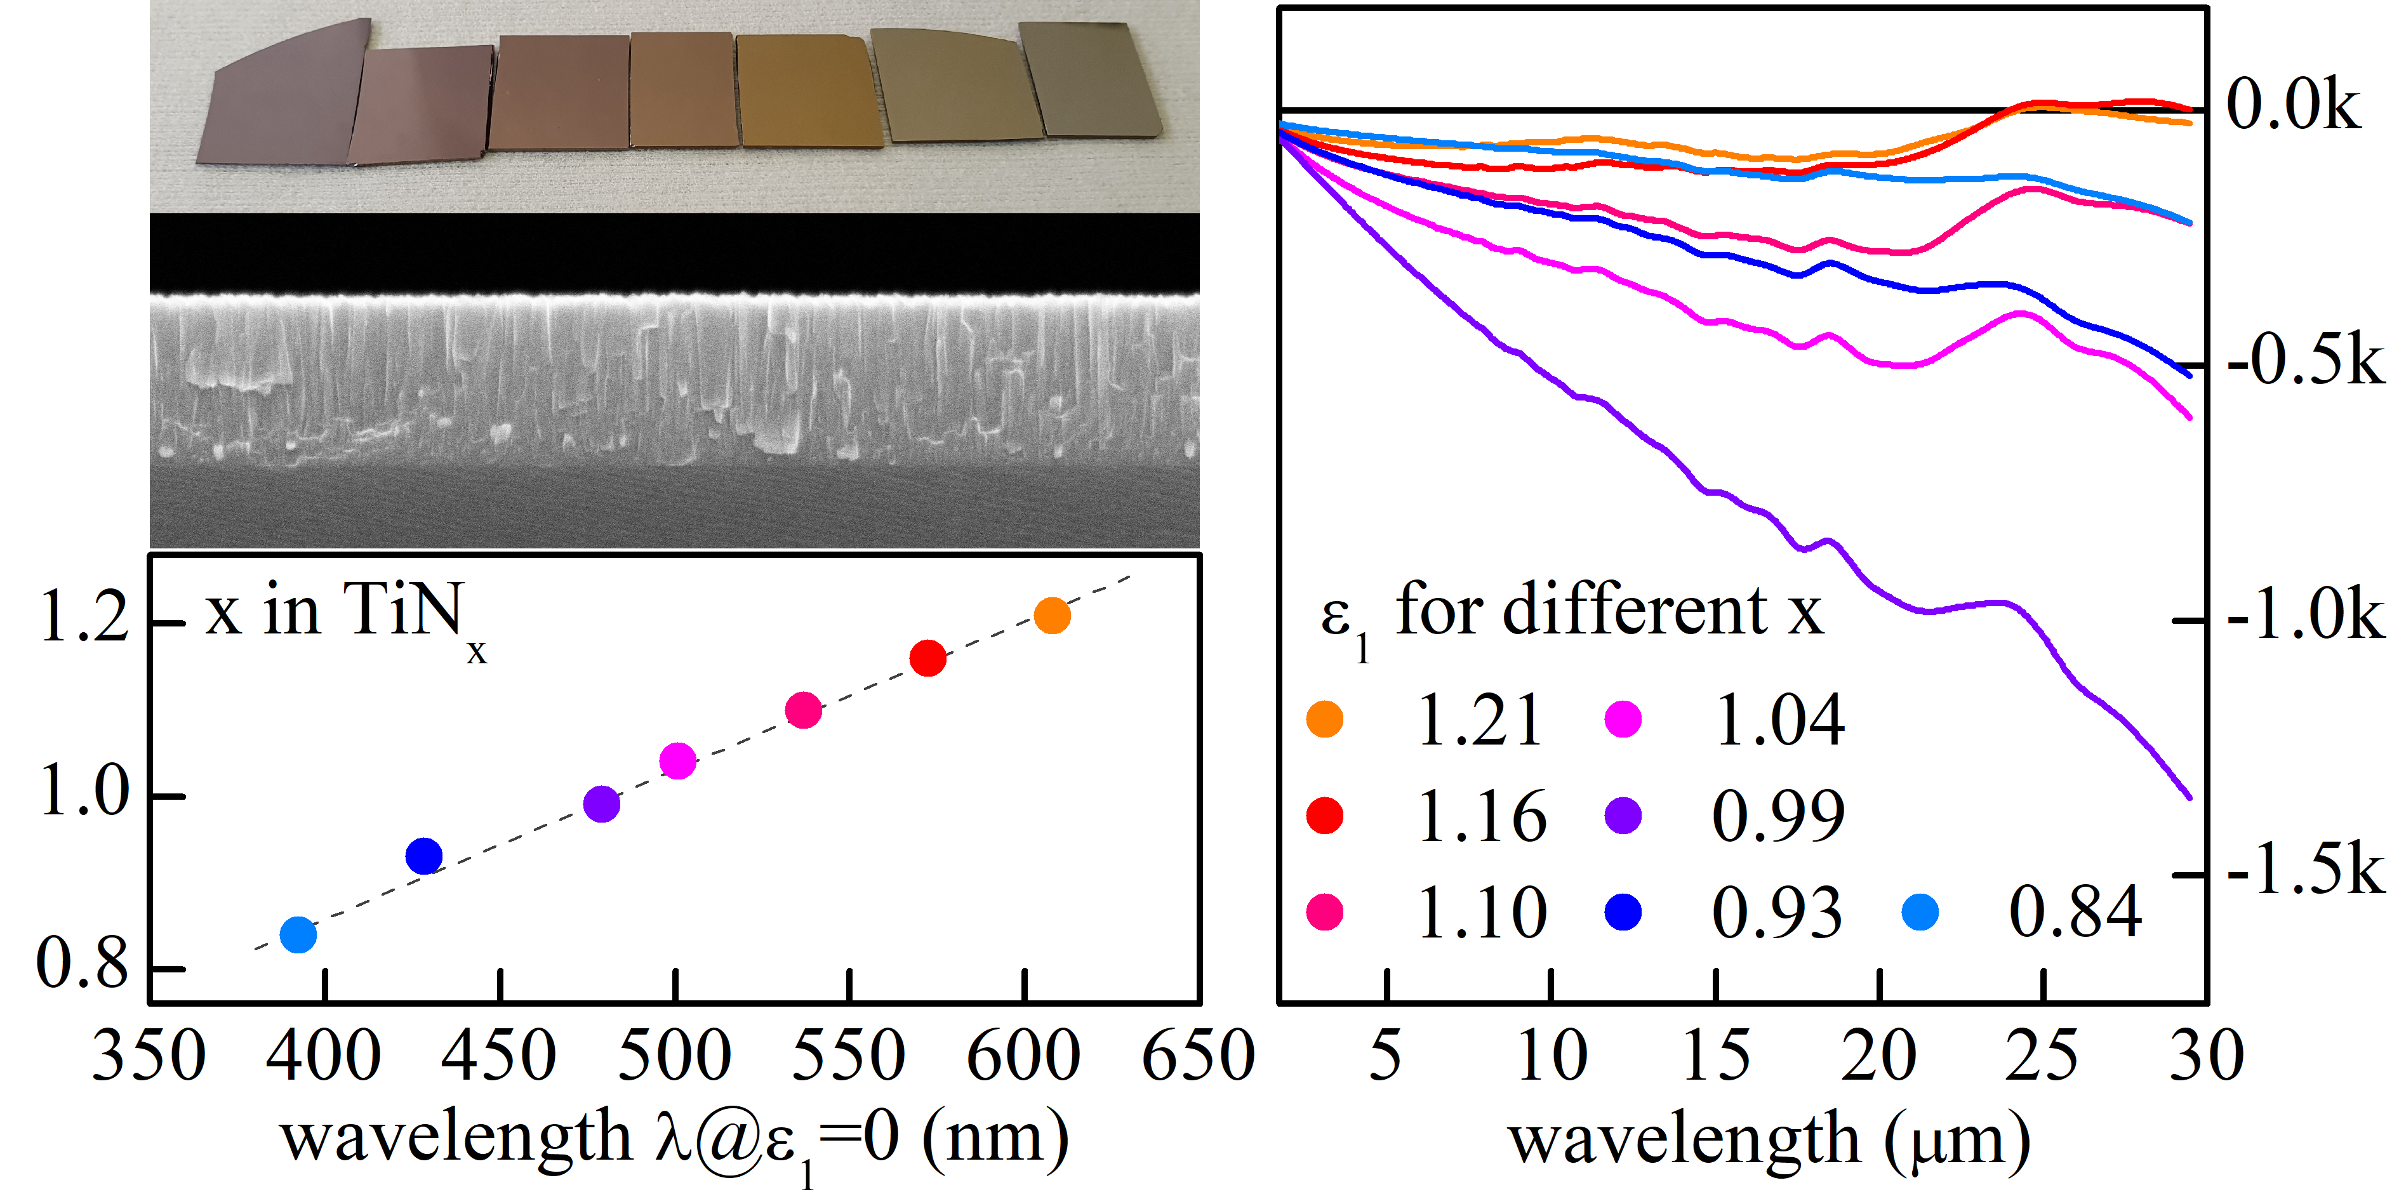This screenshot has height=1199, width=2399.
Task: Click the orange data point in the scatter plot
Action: [x=1051, y=615]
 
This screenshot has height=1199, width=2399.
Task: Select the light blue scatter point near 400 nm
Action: [x=298, y=934]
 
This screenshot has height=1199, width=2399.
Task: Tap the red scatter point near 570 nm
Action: [x=927, y=658]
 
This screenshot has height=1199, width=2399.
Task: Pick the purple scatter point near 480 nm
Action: [x=602, y=804]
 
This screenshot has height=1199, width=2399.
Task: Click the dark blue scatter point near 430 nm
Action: [x=423, y=856]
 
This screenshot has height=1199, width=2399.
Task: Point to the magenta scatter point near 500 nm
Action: [x=677, y=760]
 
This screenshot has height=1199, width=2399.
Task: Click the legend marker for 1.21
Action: [x=1324, y=719]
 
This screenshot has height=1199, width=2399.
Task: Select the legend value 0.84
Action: [x=2075, y=912]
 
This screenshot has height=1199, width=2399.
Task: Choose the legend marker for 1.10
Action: [x=1324, y=912]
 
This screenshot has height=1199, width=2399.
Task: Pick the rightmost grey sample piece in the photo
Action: [x=1089, y=79]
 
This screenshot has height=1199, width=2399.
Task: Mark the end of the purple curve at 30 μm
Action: [x=2188, y=797]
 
